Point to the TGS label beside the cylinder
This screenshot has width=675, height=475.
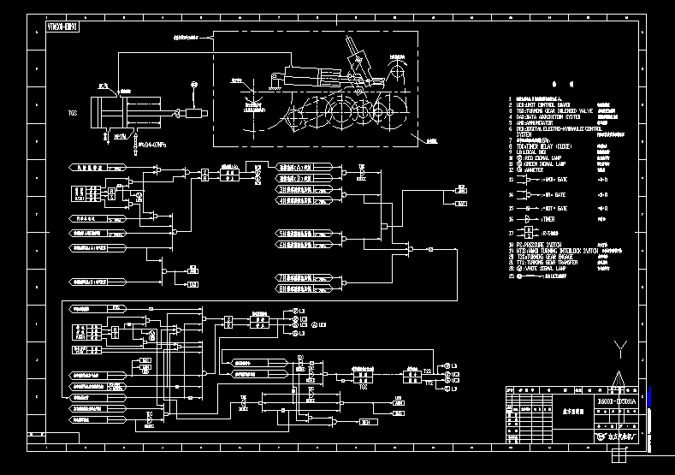pyautogui.click(x=74, y=112)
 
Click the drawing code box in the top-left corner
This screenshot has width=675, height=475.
pyautogui.click(x=61, y=27)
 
